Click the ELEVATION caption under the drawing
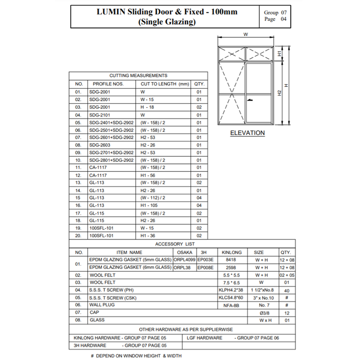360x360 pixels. [247, 133]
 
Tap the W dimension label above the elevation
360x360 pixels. [246, 34]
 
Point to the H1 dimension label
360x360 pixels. [279, 54]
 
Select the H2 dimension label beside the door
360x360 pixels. [279, 93]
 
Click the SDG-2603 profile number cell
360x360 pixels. [99, 145]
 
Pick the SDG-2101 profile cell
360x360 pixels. [99, 115]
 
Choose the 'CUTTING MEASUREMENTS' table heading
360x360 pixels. [138, 76]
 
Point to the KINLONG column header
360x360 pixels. [233, 252]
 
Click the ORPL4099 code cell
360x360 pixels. [185, 260]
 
